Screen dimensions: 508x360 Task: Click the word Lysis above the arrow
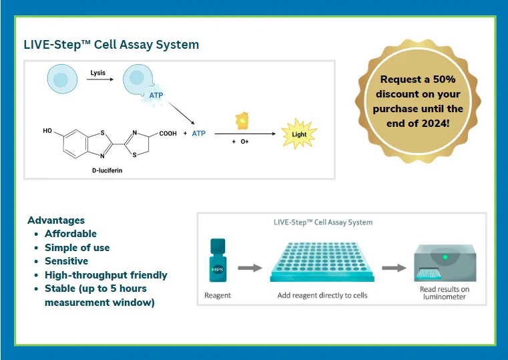coord(98,73)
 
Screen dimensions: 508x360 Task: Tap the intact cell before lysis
coord(62,79)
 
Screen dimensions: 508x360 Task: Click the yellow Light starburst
coord(299,134)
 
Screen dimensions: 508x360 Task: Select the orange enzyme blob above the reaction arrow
coord(242,120)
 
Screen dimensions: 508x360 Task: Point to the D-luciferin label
coord(107,170)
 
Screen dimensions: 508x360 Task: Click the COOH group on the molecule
coord(168,134)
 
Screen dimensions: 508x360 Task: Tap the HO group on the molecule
coord(47,131)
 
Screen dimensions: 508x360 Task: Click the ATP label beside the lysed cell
coord(156,96)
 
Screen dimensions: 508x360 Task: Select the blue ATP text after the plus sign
coord(199,134)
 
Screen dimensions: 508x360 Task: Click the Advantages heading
coord(56,220)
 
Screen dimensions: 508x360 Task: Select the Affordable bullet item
coord(71,234)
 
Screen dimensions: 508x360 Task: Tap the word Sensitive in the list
coord(66,261)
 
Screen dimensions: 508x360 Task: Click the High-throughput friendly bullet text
coord(106,275)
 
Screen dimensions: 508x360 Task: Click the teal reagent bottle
coord(218,260)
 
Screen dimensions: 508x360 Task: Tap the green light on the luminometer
coord(445,257)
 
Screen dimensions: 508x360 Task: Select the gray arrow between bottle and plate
coord(250,268)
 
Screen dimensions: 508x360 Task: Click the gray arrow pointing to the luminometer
coord(394,268)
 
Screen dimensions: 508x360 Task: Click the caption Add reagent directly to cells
coord(322,295)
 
